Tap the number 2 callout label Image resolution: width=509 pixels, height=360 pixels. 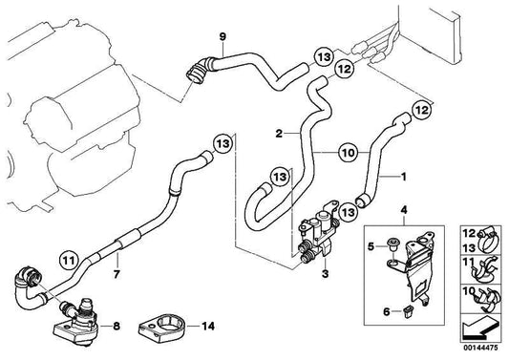[x=281, y=134]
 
